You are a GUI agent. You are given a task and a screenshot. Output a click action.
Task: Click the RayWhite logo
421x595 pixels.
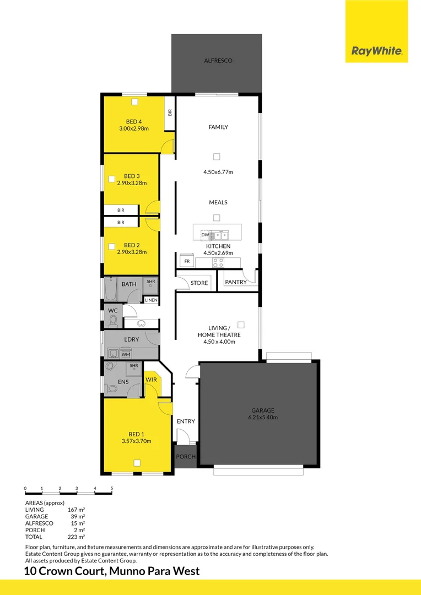(377, 52)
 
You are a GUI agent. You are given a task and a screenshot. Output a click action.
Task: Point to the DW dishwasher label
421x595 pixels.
(204, 235)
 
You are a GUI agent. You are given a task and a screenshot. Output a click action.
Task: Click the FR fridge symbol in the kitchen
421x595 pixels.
(187, 261)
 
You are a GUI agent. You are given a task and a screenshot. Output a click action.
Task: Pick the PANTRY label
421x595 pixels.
(236, 283)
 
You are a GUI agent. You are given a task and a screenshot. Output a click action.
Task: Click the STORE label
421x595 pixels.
(199, 283)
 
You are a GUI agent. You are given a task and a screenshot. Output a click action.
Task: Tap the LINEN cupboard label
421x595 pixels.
(151, 300)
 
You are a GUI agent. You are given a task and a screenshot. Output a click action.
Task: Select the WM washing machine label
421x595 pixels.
(126, 354)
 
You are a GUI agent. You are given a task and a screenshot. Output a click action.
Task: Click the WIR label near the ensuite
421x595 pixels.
(152, 380)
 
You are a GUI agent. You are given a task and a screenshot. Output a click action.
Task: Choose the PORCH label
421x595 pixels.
(186, 457)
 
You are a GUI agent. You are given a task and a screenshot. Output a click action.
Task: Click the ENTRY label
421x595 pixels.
(186, 421)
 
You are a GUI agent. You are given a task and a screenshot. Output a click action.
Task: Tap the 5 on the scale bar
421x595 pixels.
(112, 489)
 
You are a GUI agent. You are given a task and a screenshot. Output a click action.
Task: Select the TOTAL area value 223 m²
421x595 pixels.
(76, 537)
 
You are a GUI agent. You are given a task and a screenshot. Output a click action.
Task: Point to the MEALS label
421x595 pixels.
(218, 202)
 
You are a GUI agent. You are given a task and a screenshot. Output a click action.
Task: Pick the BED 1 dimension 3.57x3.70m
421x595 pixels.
(136, 441)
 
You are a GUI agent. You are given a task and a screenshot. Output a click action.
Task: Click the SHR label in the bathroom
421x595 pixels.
(151, 282)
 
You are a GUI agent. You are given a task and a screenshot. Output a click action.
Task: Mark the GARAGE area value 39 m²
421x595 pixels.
(77, 516)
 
